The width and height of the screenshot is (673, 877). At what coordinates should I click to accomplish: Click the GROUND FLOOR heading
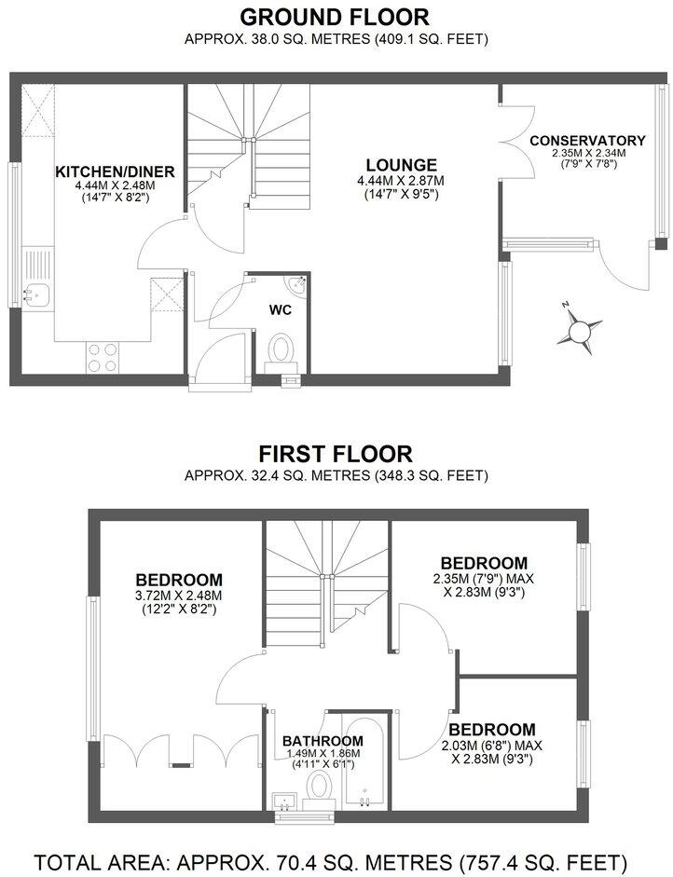click(x=336, y=17)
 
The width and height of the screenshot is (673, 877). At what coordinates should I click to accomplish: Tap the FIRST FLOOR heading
click(x=336, y=454)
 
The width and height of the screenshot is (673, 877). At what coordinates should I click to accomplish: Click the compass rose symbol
click(x=580, y=328)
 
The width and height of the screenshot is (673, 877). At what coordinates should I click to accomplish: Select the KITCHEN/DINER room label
click(x=115, y=171)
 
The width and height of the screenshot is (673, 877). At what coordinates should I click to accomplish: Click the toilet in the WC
click(x=281, y=352)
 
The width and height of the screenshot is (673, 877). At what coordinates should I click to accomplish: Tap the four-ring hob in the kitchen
click(x=102, y=357)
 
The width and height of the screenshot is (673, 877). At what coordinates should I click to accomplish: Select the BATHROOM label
click(x=323, y=741)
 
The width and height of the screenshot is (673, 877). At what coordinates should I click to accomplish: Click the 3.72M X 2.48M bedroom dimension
click(x=178, y=595)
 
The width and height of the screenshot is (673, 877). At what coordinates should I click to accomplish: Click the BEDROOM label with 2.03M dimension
click(x=491, y=729)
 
